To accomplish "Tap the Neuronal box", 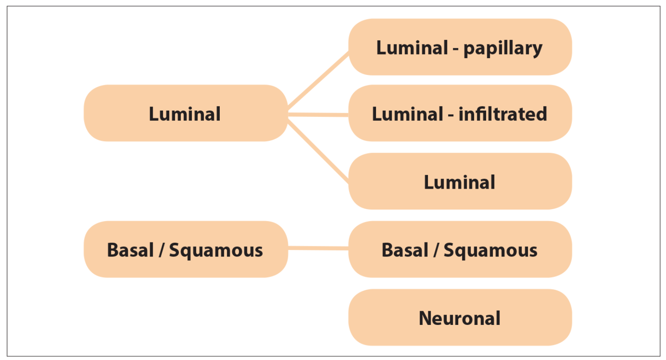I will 460,318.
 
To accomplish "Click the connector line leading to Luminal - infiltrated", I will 318,115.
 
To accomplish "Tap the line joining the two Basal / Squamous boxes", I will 318,248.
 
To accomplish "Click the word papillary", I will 503,48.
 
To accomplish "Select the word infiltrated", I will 503,114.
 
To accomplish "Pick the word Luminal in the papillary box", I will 412,47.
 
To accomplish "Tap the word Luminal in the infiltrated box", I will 407,114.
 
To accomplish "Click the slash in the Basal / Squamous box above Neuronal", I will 437,250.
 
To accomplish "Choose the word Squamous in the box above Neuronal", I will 491,250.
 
